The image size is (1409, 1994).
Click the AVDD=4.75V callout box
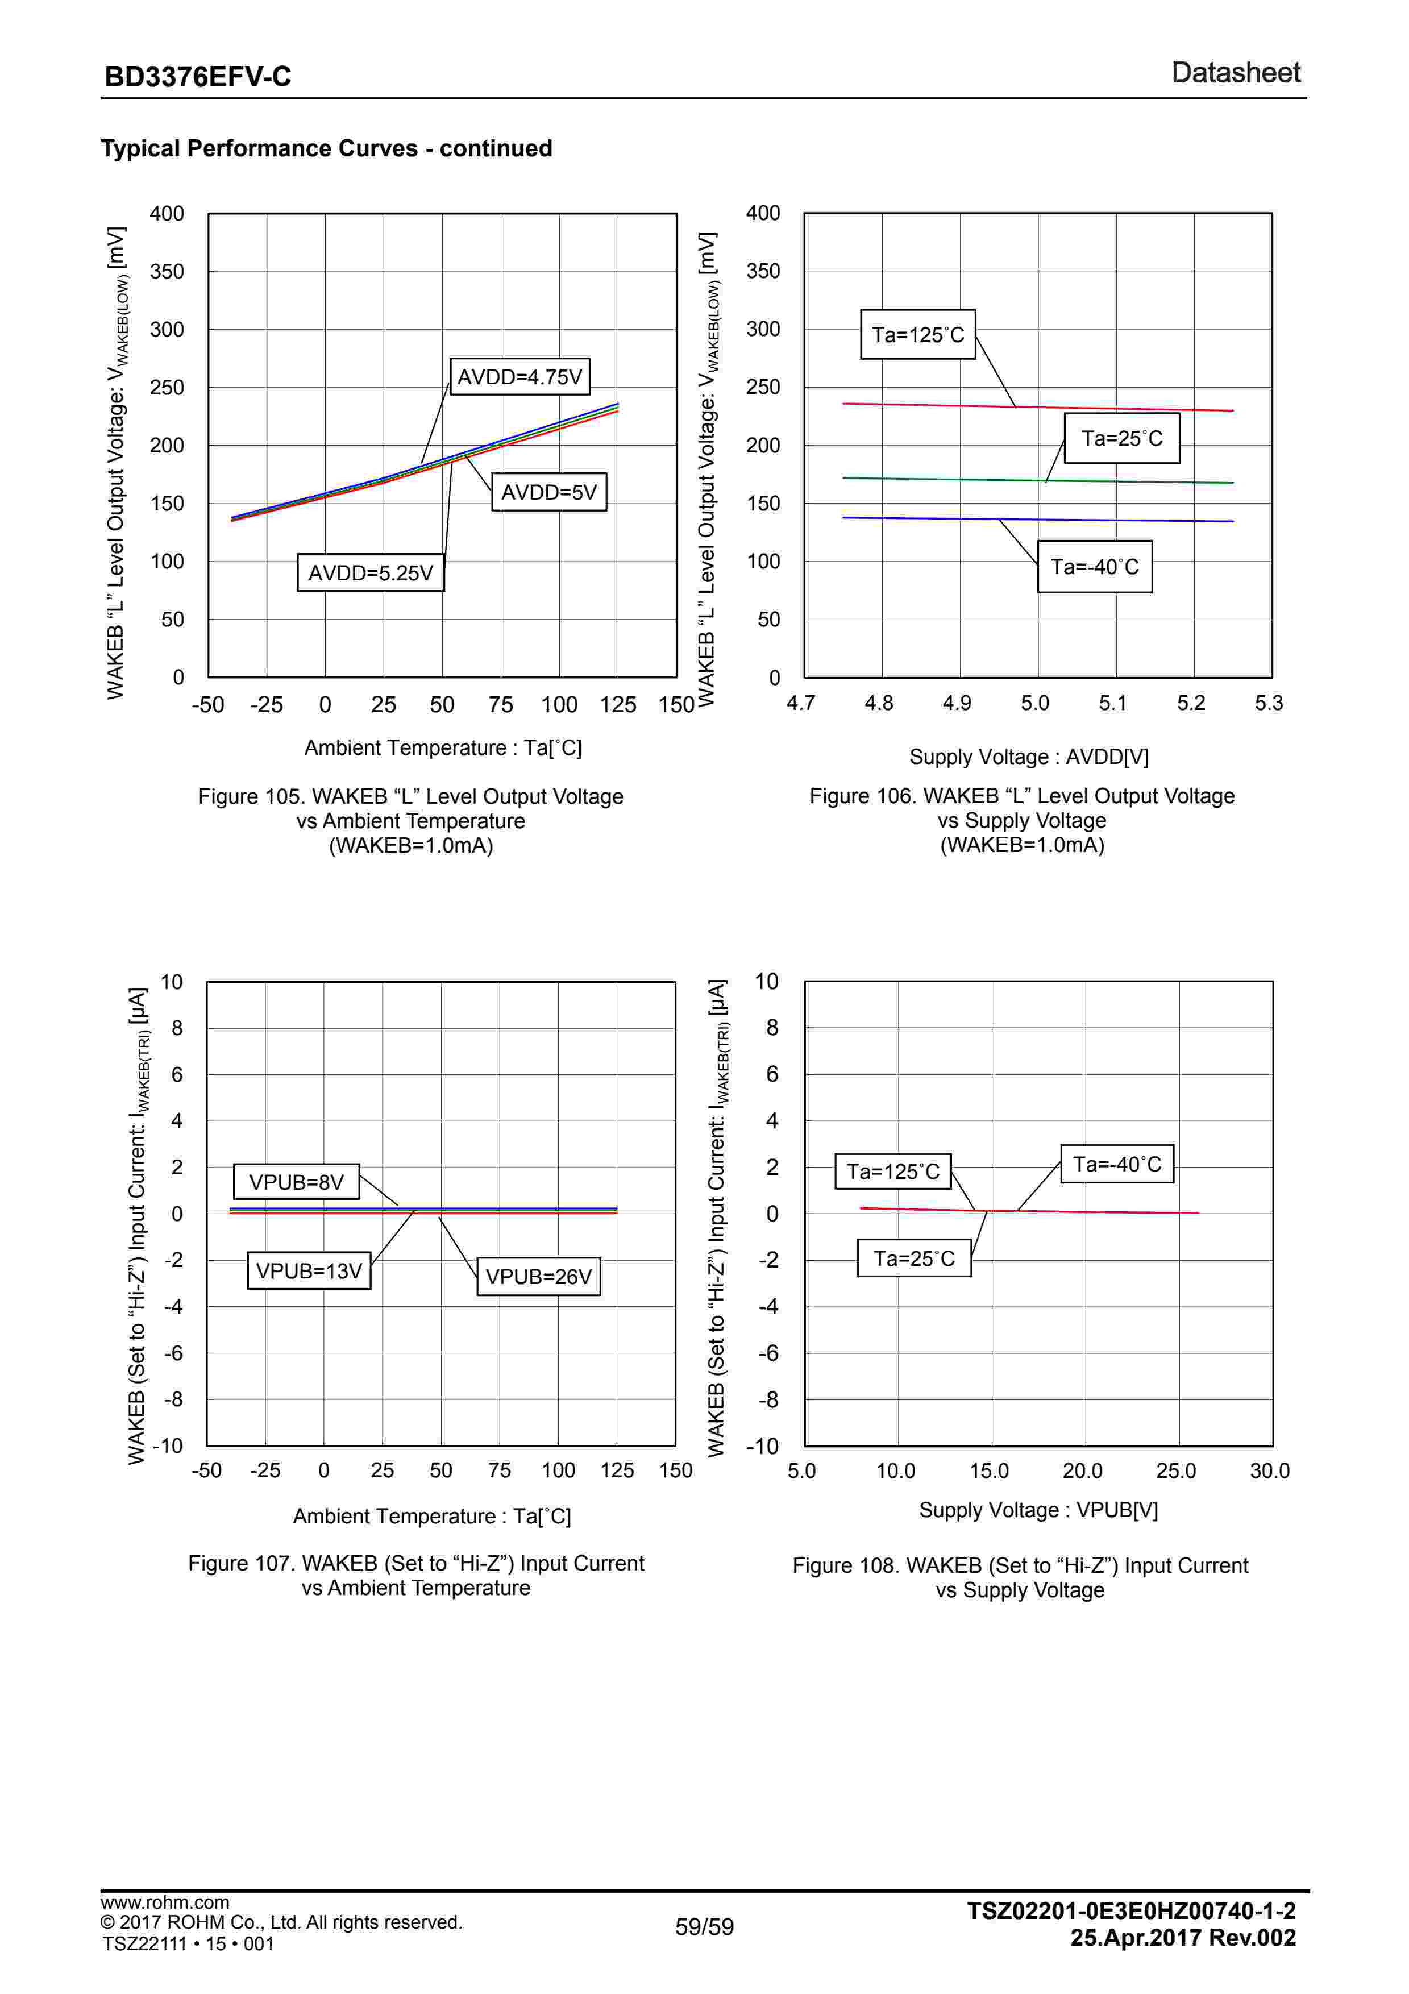pos(519,377)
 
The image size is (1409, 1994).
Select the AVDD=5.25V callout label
pos(371,573)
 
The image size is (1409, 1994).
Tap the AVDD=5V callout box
pos(548,492)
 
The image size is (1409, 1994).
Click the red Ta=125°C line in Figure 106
pos(1129,408)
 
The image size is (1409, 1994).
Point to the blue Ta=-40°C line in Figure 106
pos(1129,520)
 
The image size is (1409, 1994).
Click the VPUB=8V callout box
pos(296,1182)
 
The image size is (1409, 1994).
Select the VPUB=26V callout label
pos(538,1277)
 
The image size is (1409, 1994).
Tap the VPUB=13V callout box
pos(309,1270)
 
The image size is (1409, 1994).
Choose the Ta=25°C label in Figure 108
pos(913,1258)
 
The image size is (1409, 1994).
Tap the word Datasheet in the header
pos(1236,73)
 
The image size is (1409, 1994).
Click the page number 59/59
pos(704,1927)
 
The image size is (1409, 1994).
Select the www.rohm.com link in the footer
pos(165,1903)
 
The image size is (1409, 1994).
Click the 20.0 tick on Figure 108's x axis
pos(1082,1470)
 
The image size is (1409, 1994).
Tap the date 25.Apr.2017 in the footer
pos(1134,1938)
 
